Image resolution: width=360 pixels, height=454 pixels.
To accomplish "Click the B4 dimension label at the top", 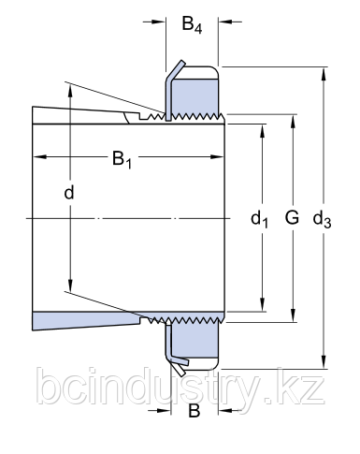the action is click(x=192, y=24).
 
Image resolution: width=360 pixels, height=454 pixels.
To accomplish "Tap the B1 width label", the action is click(x=122, y=159).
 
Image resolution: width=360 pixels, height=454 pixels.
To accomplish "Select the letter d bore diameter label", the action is click(x=69, y=192).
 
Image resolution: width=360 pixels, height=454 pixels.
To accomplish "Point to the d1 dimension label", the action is click(x=259, y=219).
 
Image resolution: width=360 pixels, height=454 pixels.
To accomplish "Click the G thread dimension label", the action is click(x=292, y=217).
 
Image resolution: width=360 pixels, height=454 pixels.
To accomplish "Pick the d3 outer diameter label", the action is click(x=322, y=219).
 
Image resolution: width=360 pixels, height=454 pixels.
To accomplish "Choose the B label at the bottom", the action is click(x=194, y=411).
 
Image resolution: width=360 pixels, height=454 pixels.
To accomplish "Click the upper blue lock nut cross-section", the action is click(x=194, y=96).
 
